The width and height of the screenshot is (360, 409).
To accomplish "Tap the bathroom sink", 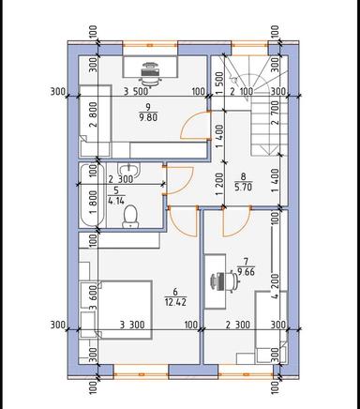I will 133,170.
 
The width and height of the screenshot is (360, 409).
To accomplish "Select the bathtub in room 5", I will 89,196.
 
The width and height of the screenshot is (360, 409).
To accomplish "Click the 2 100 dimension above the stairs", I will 243,92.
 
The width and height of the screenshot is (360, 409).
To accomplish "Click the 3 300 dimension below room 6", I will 135,325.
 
